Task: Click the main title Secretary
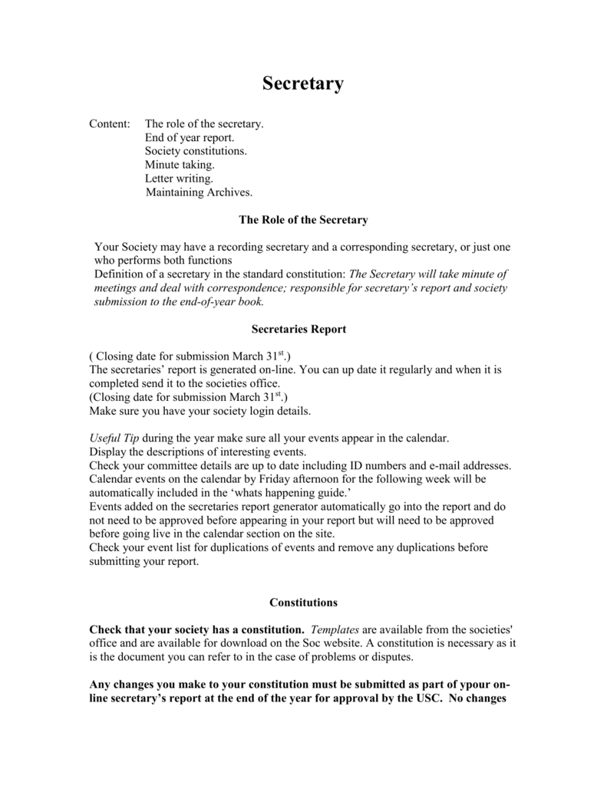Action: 303,84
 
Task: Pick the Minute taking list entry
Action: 180,165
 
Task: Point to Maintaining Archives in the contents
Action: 199,192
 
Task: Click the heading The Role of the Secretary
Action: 303,220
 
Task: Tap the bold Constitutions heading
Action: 303,603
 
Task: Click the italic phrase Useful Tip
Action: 114,438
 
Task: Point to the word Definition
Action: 119,274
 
